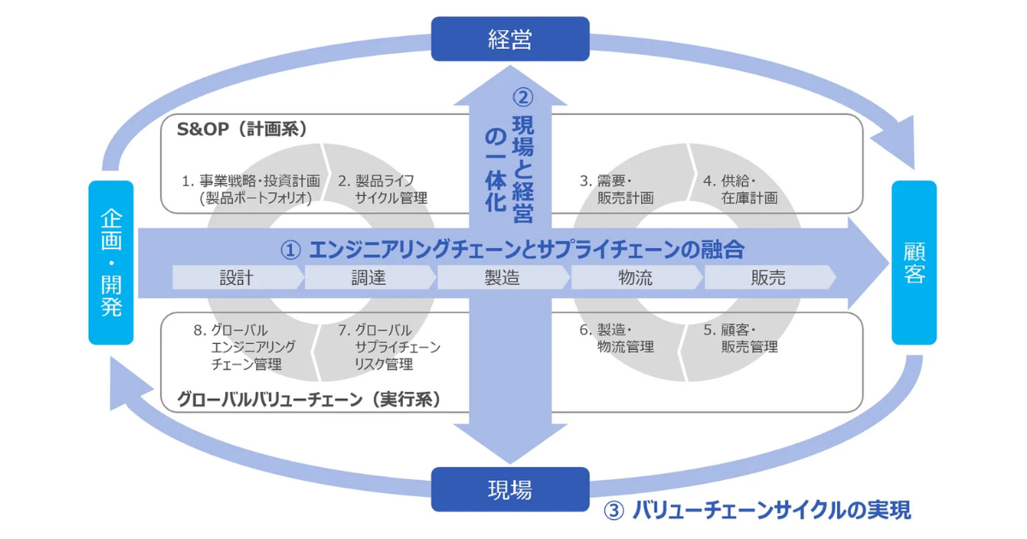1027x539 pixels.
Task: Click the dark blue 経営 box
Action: tap(510, 39)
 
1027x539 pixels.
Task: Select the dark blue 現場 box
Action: tap(510, 489)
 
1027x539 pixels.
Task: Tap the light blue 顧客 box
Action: tap(914, 262)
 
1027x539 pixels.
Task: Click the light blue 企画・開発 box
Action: tap(111, 262)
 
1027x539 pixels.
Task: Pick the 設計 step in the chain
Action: tap(236, 277)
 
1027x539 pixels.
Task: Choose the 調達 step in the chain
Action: tap(370, 277)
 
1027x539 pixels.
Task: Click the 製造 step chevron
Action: tap(502, 277)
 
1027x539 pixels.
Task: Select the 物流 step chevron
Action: tap(636, 277)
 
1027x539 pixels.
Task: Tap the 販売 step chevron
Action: tap(768, 277)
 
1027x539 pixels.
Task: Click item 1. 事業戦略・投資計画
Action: tap(251, 189)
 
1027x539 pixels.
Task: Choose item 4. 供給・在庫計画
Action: tap(741, 189)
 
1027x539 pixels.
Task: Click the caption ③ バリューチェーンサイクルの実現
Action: tap(757, 511)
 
